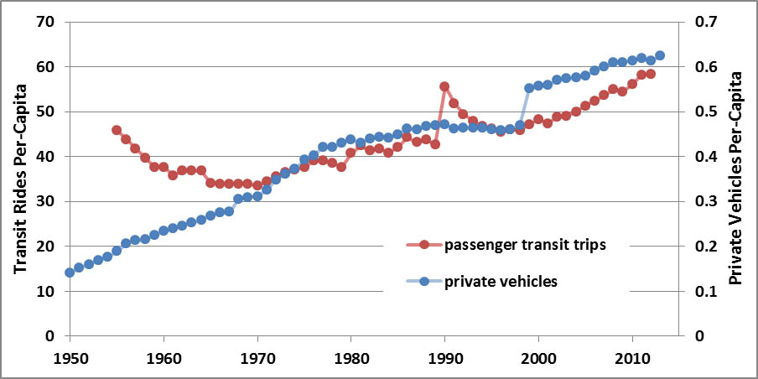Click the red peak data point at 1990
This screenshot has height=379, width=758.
tap(444, 86)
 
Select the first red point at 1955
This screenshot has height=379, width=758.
tap(117, 130)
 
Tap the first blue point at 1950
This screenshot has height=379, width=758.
tap(70, 273)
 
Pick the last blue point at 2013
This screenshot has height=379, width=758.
tap(660, 55)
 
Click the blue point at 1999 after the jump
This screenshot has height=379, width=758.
tap(529, 88)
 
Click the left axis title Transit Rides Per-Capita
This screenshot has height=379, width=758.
tap(17, 179)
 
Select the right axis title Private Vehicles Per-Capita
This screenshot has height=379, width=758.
tap(737, 179)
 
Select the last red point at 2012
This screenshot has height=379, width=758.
tap(651, 74)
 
